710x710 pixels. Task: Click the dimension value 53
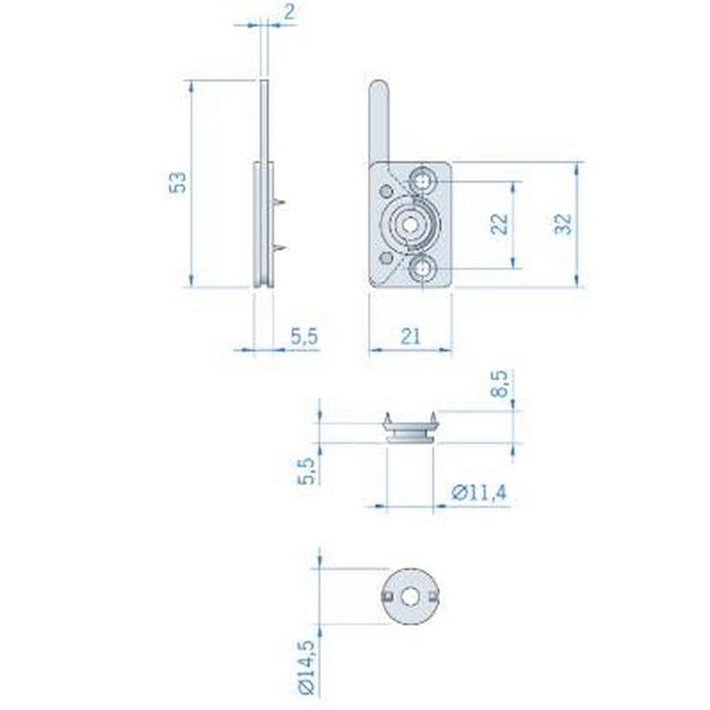pyautogui.click(x=178, y=183)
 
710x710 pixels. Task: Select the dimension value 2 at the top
pyautogui.click(x=289, y=12)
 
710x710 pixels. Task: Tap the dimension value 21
pyautogui.click(x=410, y=336)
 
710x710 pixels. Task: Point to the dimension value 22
pyautogui.click(x=499, y=224)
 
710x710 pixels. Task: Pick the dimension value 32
pyautogui.click(x=563, y=224)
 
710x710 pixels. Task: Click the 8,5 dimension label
pyautogui.click(x=500, y=385)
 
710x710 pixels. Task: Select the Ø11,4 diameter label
pyautogui.click(x=479, y=492)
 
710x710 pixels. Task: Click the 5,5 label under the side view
pyautogui.click(x=304, y=336)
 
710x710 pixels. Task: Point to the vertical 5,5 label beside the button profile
pyautogui.click(x=307, y=472)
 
